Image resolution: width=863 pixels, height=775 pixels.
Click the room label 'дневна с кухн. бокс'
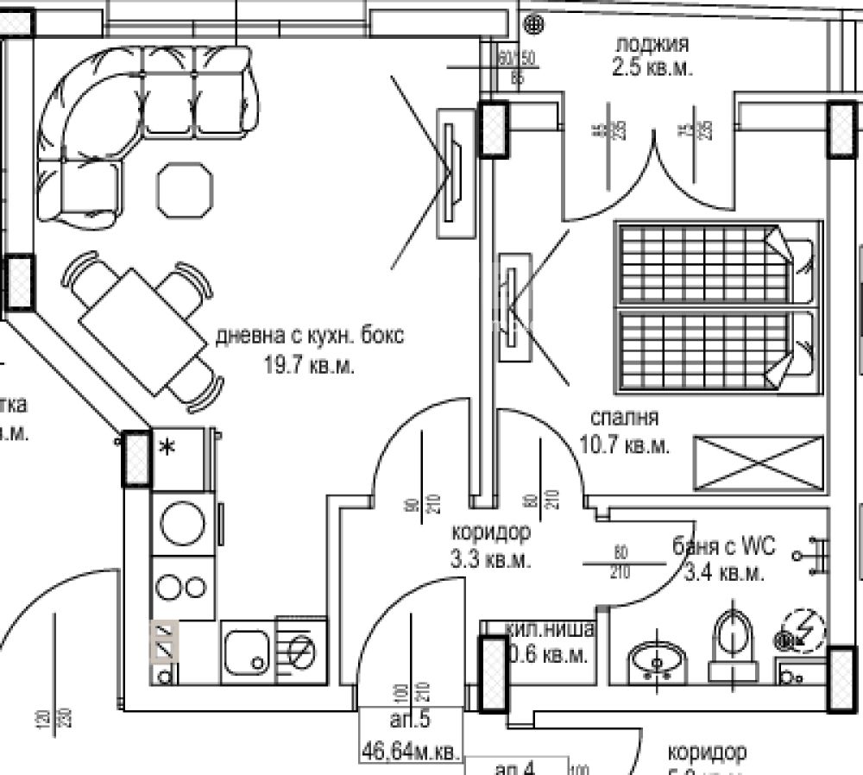coord(309,337)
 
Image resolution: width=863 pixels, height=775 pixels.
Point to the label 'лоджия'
coord(652,45)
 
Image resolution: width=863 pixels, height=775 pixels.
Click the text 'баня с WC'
coord(724,545)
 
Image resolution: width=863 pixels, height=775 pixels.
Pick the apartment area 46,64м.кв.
coord(412,749)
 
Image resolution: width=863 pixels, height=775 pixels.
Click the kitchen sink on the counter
coord(246,650)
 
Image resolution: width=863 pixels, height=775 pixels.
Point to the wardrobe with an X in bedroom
coord(759,463)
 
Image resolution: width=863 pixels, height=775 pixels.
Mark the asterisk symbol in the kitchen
coord(168,447)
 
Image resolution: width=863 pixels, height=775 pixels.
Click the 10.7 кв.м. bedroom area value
coord(624,446)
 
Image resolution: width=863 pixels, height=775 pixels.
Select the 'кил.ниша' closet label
coord(549,629)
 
